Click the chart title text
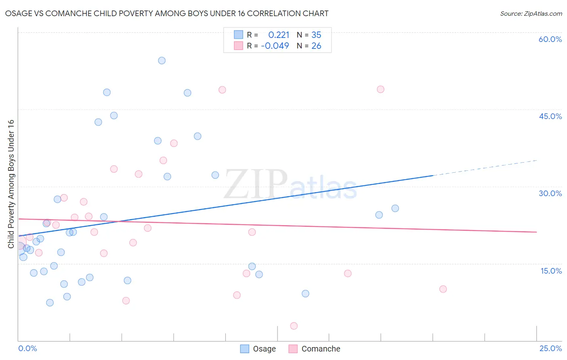[x=167, y=13]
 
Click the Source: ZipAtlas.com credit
[x=531, y=14]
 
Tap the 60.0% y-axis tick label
[x=550, y=39]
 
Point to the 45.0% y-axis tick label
[x=550, y=116]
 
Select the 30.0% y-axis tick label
[x=550, y=193]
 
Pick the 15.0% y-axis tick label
[x=551, y=271]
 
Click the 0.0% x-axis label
[x=27, y=348]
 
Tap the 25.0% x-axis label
[x=550, y=348]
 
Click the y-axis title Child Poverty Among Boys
[x=11, y=184]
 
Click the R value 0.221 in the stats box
[x=279, y=35]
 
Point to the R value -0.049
[x=275, y=46]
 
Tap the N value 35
[x=316, y=35]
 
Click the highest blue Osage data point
[x=162, y=61]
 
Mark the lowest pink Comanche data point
[x=294, y=326]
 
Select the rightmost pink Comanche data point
[x=443, y=289]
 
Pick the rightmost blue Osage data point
[x=395, y=208]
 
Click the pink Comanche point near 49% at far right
[x=381, y=89]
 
